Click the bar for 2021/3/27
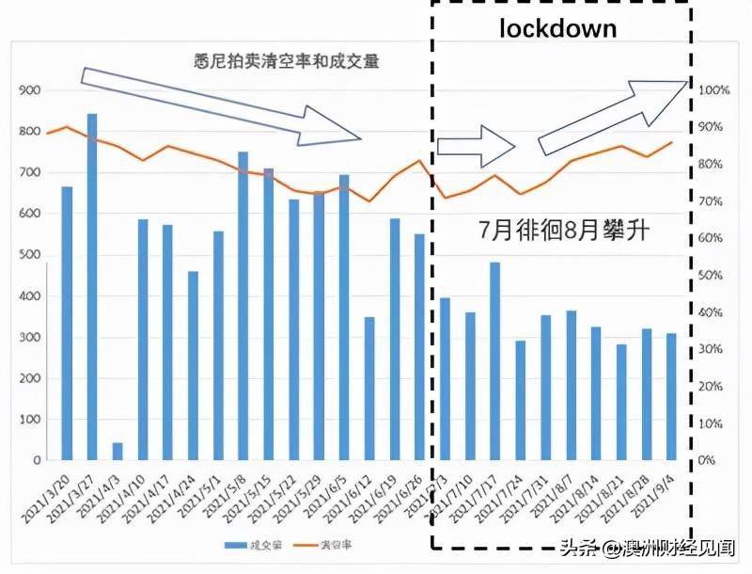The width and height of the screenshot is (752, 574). point(92,287)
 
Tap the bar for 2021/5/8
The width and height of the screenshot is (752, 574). point(243,306)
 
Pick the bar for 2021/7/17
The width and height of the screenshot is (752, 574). point(494,361)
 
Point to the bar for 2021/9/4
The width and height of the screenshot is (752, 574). point(671,396)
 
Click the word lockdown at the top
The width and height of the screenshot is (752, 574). point(557,28)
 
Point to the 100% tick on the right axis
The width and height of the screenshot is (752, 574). point(714,90)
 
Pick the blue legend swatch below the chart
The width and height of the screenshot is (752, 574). point(235,545)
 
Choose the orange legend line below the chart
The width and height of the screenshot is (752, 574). point(305,545)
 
